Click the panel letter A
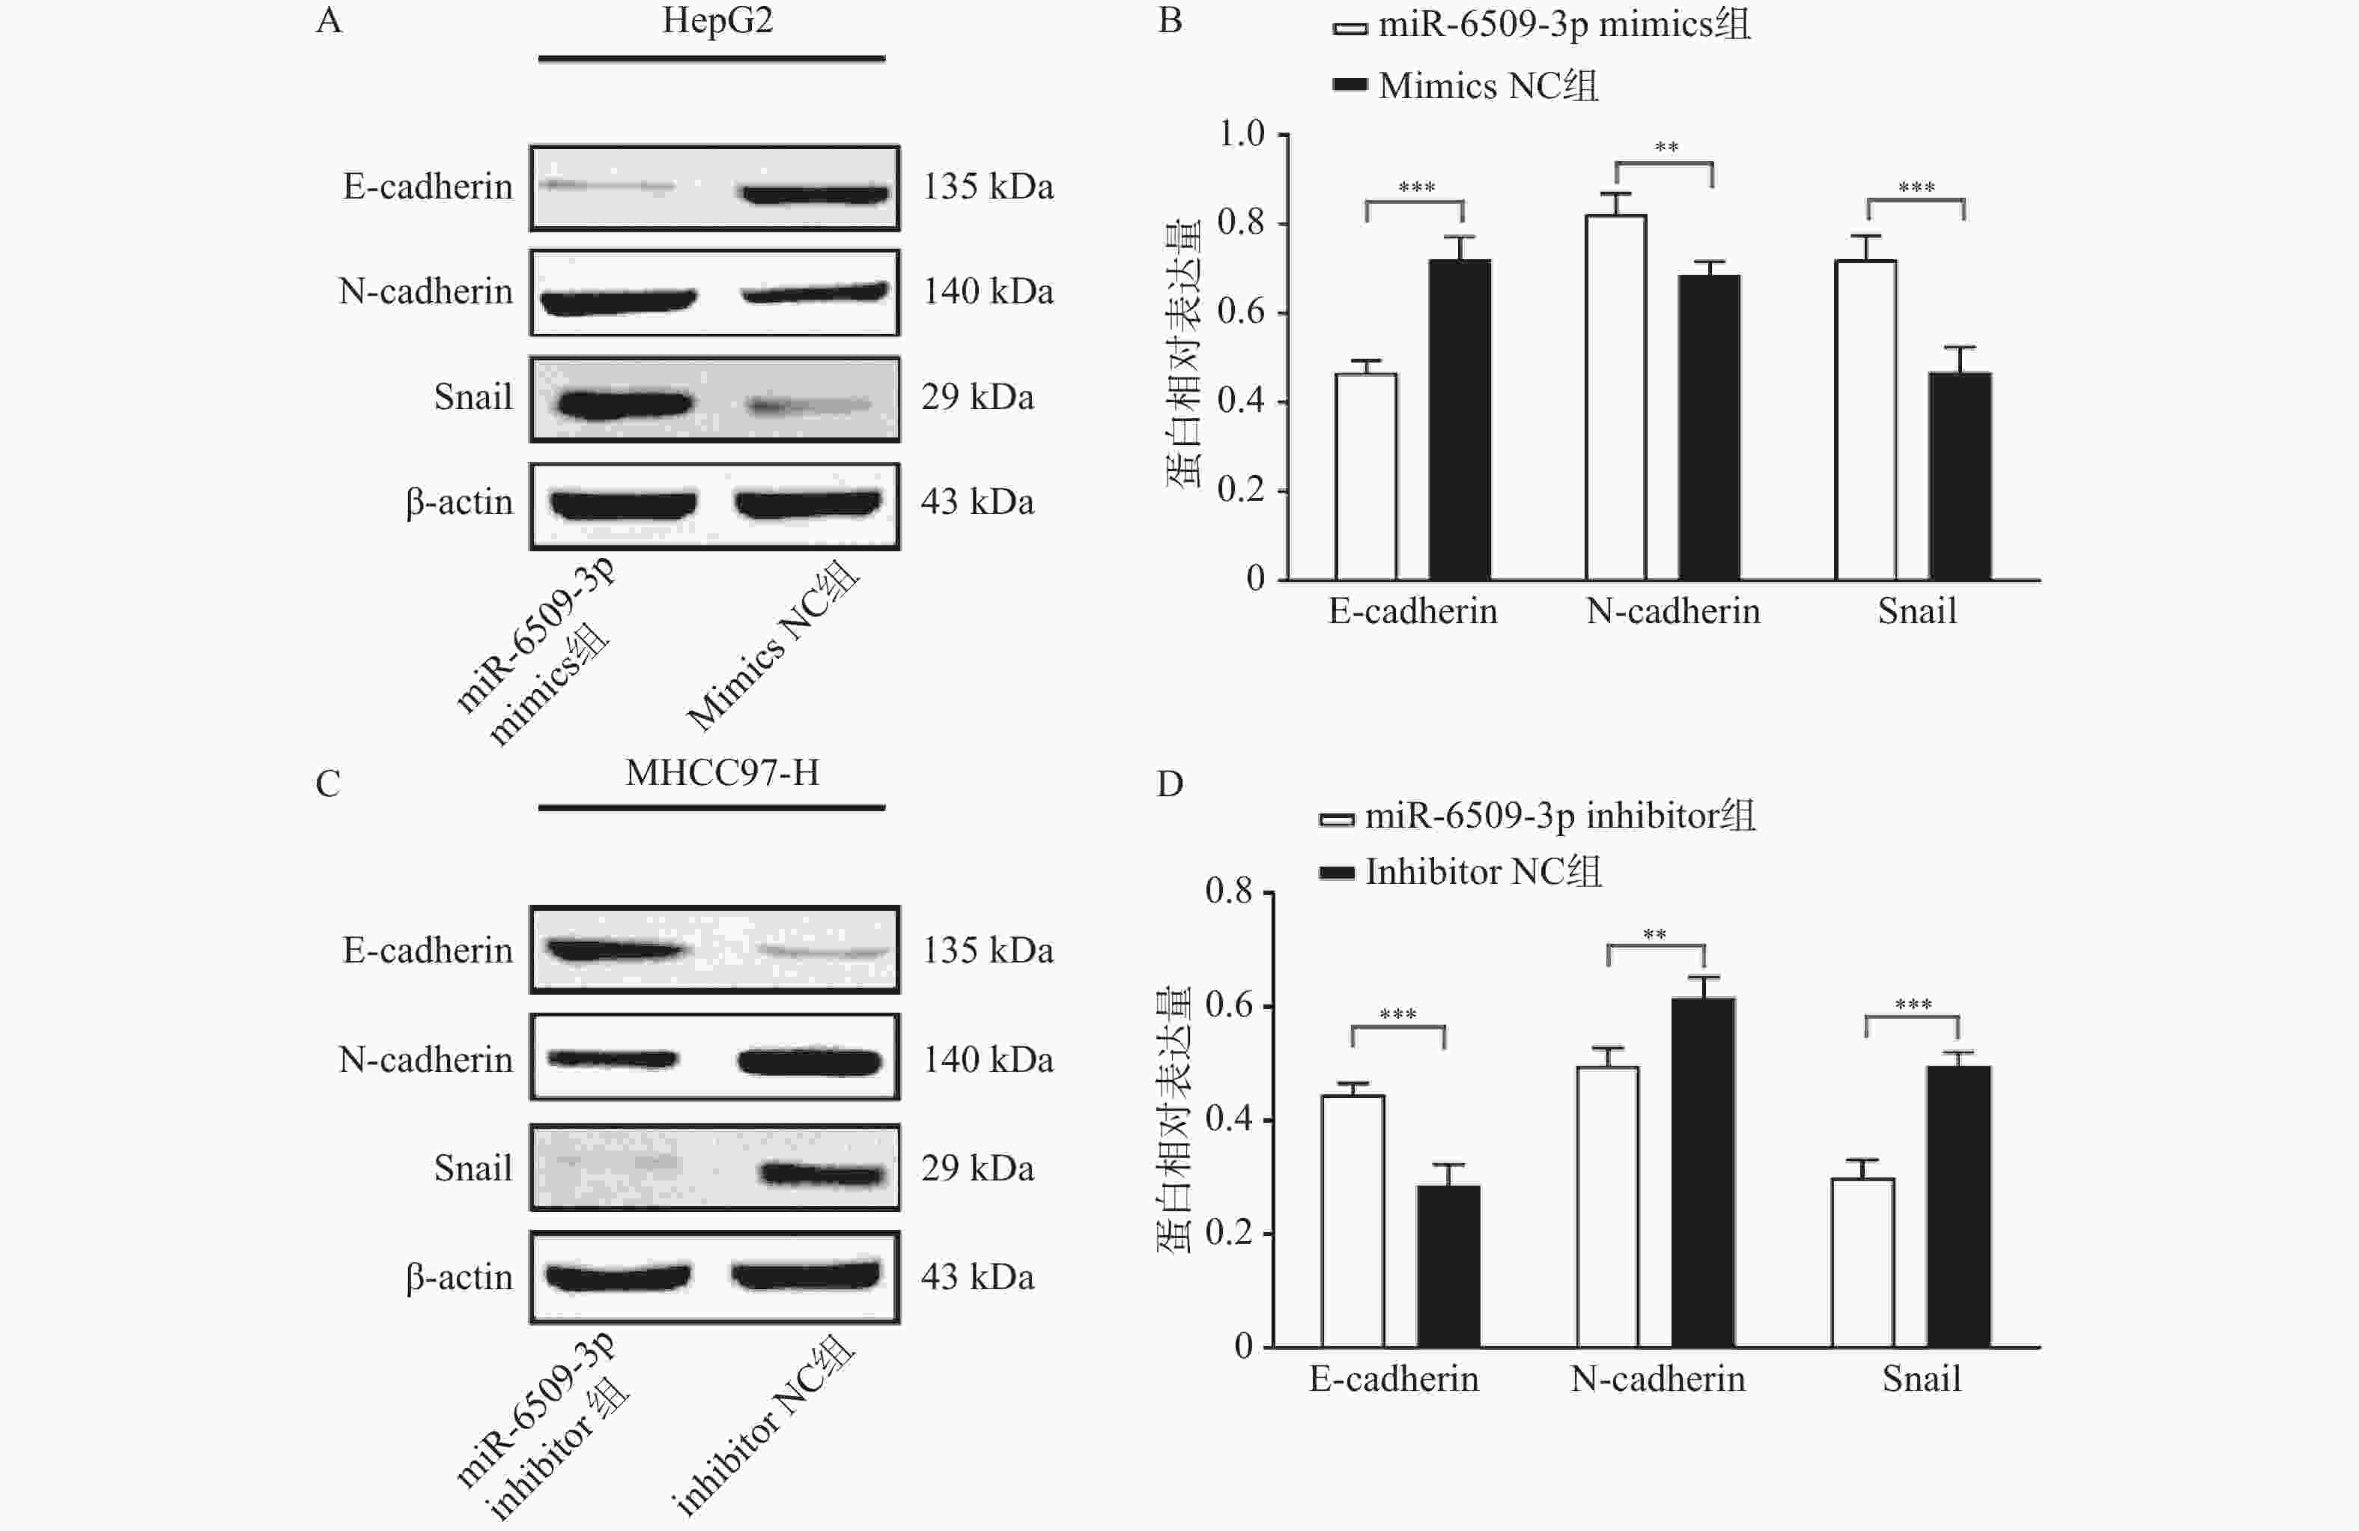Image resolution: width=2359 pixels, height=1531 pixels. coord(328,21)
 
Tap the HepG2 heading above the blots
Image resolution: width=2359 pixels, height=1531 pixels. coord(717,21)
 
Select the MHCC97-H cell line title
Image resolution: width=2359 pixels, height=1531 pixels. coord(722,772)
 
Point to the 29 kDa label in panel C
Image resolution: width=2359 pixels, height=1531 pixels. coord(977,1168)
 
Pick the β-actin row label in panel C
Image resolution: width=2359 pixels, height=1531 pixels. coord(459,1277)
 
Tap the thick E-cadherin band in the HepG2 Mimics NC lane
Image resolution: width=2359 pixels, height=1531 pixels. coord(815,193)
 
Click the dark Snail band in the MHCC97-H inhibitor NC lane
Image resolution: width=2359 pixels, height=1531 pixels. coord(821,1175)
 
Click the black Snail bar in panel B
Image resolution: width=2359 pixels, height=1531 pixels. coord(1960,476)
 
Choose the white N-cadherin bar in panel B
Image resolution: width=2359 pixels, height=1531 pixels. coord(1615,397)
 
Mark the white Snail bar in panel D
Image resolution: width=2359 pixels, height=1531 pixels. coord(1862,1261)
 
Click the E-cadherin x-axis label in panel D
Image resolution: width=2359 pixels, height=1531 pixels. coord(1393,1379)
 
